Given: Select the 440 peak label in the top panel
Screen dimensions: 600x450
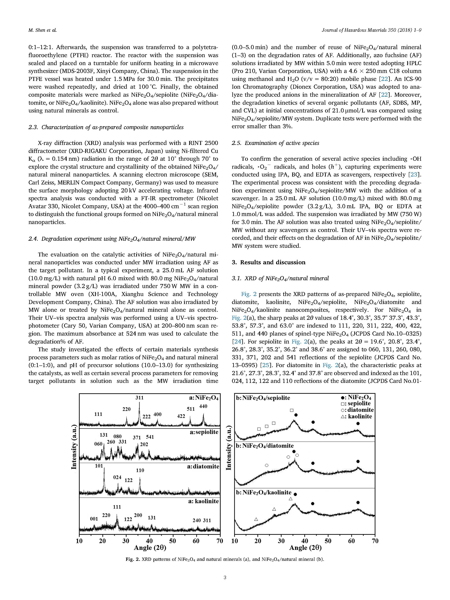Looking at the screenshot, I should click(x=203, y=406).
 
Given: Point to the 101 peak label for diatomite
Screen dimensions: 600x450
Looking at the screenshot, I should click(x=99, y=466).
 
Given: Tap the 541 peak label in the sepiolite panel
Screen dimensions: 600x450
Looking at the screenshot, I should click(x=150, y=437).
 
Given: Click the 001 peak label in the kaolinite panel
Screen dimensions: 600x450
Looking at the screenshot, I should click(x=94, y=519).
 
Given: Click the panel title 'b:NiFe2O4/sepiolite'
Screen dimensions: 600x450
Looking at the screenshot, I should click(x=263, y=398).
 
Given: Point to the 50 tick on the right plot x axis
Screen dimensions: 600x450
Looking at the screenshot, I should click(x=328, y=541).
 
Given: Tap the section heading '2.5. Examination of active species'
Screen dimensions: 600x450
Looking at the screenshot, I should click(x=275, y=143).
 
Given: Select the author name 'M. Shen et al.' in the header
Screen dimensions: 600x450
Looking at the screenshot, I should click(x=43, y=30).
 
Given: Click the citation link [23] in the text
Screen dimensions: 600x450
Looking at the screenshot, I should click(x=414, y=174).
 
